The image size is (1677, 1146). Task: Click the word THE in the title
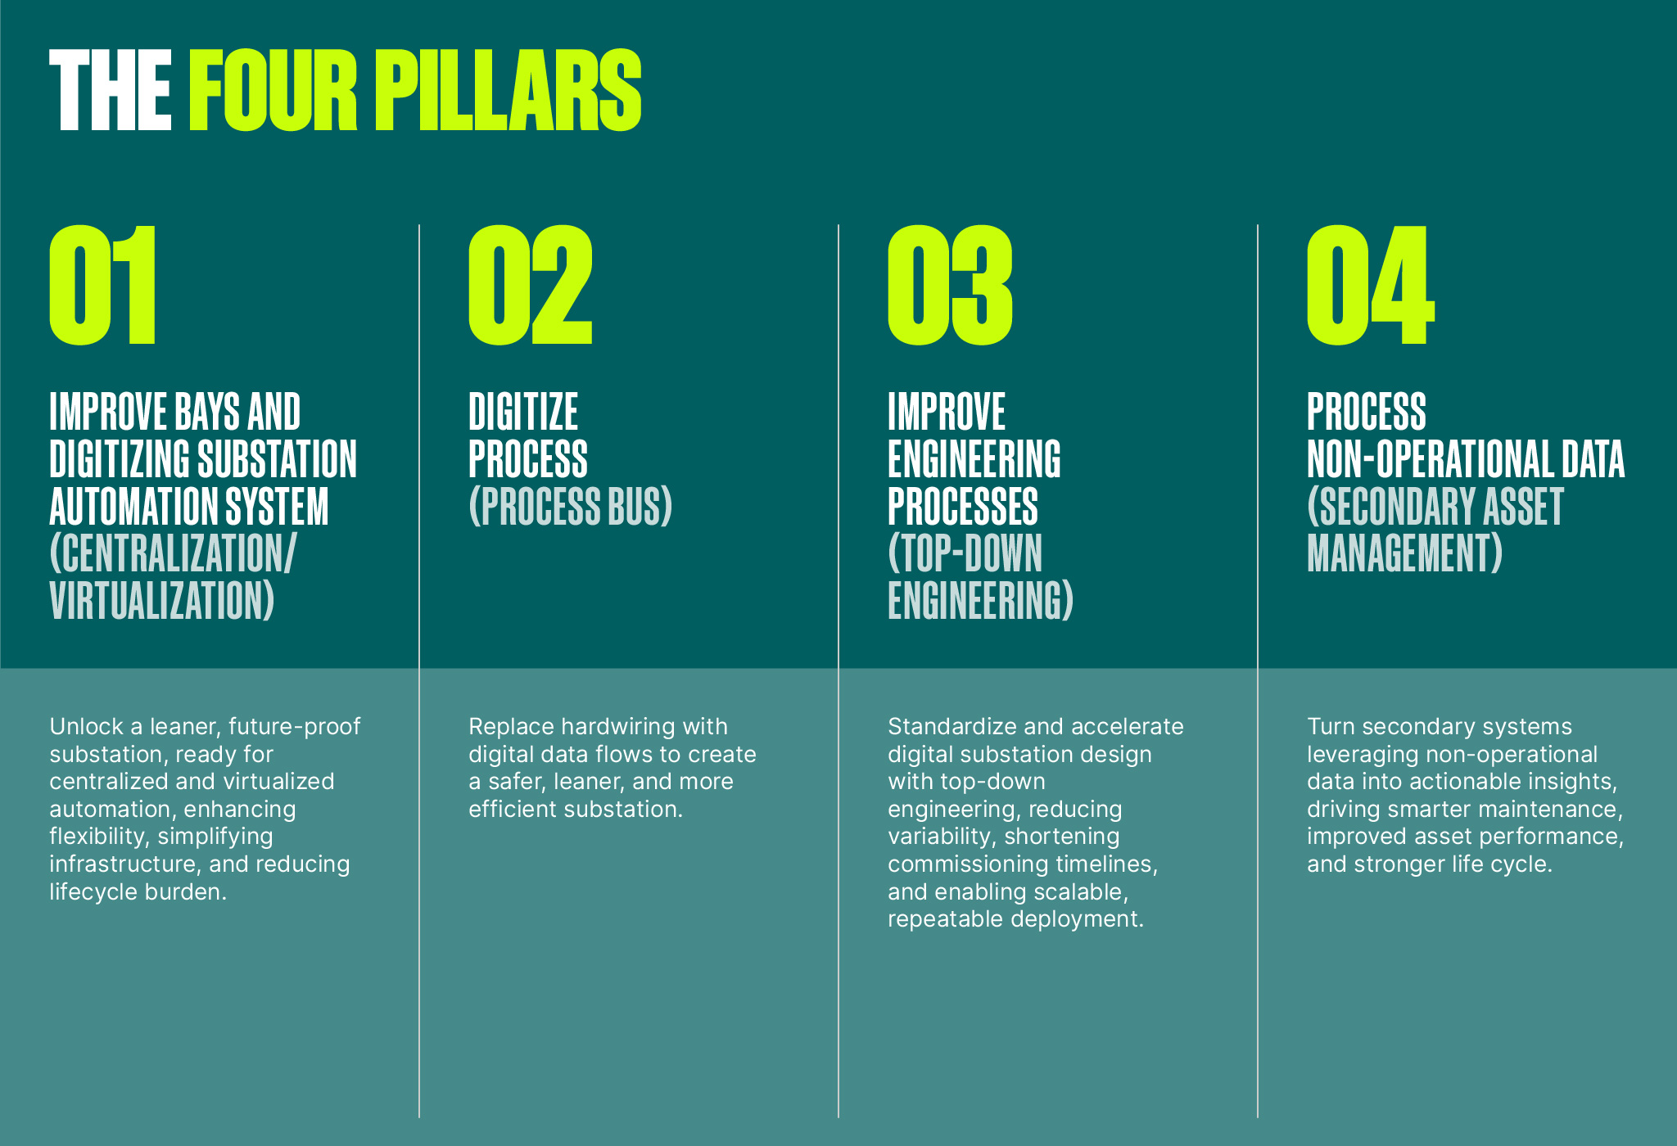[111, 90]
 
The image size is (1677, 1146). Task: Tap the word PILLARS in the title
[508, 90]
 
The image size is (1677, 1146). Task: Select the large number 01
[102, 285]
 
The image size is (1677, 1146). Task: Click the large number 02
[531, 285]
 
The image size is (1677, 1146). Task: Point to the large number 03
[951, 285]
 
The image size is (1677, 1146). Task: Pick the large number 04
[1371, 285]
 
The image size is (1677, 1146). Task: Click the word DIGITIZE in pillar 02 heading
[523, 412]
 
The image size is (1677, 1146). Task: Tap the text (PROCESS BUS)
[571, 507]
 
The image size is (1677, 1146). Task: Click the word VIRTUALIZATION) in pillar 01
[162, 602]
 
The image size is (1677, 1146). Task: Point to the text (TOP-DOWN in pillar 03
[965, 554]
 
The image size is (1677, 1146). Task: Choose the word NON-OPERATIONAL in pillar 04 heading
[1429, 459]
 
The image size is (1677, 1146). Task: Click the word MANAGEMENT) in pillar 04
[1405, 554]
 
